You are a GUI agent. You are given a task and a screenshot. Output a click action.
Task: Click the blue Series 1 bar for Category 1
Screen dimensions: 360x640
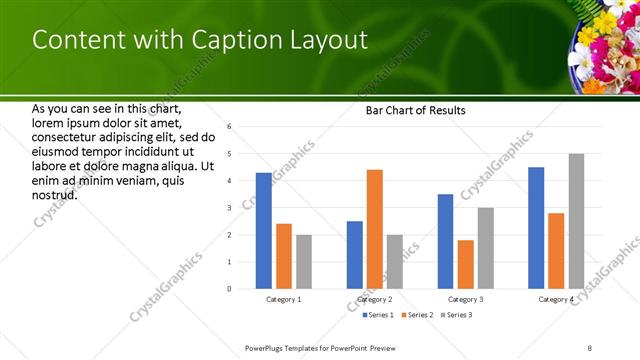coord(264,231)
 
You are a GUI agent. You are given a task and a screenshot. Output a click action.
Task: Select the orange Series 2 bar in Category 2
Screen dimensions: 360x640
coord(375,229)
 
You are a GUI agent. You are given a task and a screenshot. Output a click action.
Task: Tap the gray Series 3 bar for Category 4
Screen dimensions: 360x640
coord(576,221)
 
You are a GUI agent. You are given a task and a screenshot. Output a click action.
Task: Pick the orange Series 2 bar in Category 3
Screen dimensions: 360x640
coord(466,264)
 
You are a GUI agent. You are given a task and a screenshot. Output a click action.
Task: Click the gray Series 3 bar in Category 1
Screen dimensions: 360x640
coord(304,262)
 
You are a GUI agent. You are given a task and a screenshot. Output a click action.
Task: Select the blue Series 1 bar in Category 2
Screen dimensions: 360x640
coord(355,255)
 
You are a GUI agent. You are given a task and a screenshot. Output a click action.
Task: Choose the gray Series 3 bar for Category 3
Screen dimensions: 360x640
coord(486,248)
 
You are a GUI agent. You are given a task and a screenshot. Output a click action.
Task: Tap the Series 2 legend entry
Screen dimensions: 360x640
coord(417,315)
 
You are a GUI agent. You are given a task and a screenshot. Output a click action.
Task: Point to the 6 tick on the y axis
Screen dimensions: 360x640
coord(229,127)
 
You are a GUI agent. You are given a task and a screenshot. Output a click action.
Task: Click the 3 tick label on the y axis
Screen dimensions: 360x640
coord(229,208)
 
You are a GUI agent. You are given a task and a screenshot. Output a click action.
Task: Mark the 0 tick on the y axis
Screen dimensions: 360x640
coord(229,289)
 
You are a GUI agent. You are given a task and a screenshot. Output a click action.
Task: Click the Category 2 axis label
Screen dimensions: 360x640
coord(375,299)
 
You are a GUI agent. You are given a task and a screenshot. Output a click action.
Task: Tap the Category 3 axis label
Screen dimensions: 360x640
coord(466,299)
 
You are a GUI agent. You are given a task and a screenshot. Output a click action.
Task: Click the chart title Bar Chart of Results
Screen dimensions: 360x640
coord(410,110)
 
